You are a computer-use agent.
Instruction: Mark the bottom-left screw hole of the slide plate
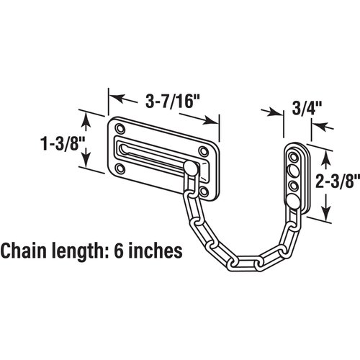tap(120, 171)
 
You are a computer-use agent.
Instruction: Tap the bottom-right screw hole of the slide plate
tap(207, 192)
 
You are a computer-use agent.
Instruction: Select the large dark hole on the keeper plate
tap(294, 171)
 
